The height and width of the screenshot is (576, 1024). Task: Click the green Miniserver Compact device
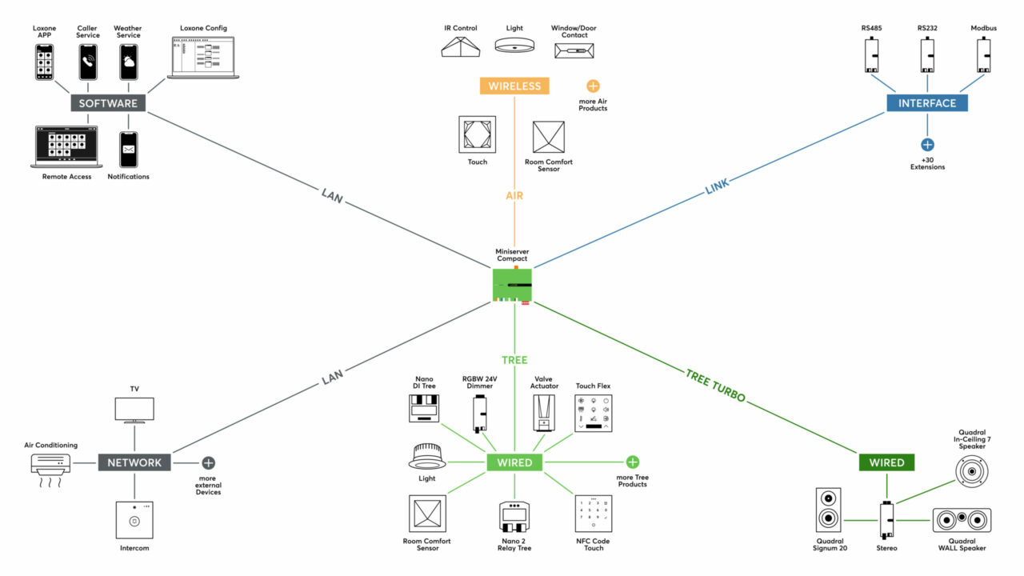coord(513,285)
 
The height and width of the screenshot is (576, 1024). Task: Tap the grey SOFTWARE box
coord(108,103)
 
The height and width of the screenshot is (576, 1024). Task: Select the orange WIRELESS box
coord(514,86)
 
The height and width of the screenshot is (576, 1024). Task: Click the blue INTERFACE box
coord(926,103)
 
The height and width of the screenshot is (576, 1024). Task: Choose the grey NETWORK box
coord(134,462)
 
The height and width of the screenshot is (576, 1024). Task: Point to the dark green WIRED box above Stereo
coord(886,462)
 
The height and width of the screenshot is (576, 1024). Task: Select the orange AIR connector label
coord(514,194)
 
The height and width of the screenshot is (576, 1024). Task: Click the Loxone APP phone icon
coord(45,62)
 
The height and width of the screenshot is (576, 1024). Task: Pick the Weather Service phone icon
coord(128,62)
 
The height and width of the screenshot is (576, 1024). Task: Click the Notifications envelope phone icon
coord(128,150)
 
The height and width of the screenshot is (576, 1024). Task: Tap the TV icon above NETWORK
coord(134,410)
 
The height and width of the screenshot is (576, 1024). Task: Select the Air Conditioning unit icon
coord(50,466)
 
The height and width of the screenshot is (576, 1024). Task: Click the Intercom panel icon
coord(134,520)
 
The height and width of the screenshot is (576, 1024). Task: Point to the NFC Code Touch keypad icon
coord(594,515)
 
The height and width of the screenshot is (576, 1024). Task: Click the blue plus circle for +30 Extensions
coord(926,145)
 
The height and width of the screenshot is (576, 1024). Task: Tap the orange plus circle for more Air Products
coord(593,86)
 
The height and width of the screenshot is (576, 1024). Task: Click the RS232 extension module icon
coord(927,57)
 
